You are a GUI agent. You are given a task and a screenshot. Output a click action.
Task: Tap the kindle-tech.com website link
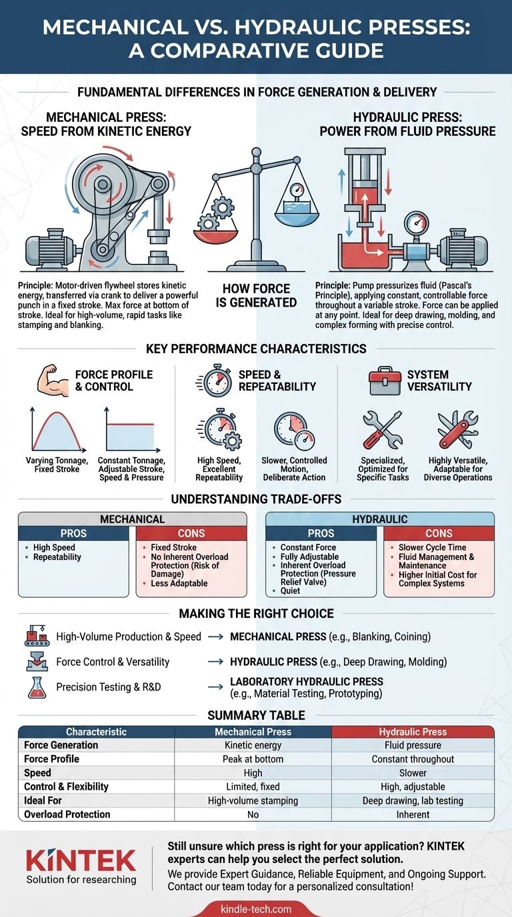point(256,908)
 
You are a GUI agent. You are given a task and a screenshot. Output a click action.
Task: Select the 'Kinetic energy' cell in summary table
point(253,745)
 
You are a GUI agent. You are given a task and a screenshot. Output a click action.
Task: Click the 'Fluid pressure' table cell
point(413,745)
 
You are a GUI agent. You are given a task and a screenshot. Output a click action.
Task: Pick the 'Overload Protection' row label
point(67,814)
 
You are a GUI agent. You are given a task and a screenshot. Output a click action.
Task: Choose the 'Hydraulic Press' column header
point(413,731)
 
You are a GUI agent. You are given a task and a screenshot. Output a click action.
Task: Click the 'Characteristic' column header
point(96,731)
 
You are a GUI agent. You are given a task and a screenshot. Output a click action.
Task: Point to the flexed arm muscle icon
point(52,381)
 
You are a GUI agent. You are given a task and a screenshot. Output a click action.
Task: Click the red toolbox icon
point(386,381)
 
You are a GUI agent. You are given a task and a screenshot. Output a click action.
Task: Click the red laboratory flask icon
point(37,687)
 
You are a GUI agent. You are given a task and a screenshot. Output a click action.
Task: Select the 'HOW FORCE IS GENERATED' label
point(256,295)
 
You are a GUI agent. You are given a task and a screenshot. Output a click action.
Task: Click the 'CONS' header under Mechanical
point(191,533)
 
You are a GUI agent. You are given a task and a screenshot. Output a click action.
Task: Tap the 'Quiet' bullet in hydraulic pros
point(290,590)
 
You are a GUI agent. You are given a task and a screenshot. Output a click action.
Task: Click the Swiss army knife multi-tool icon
point(457,429)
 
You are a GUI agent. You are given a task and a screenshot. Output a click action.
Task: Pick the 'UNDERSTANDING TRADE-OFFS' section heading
point(256,499)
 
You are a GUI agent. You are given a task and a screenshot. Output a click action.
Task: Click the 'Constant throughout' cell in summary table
point(413,759)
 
